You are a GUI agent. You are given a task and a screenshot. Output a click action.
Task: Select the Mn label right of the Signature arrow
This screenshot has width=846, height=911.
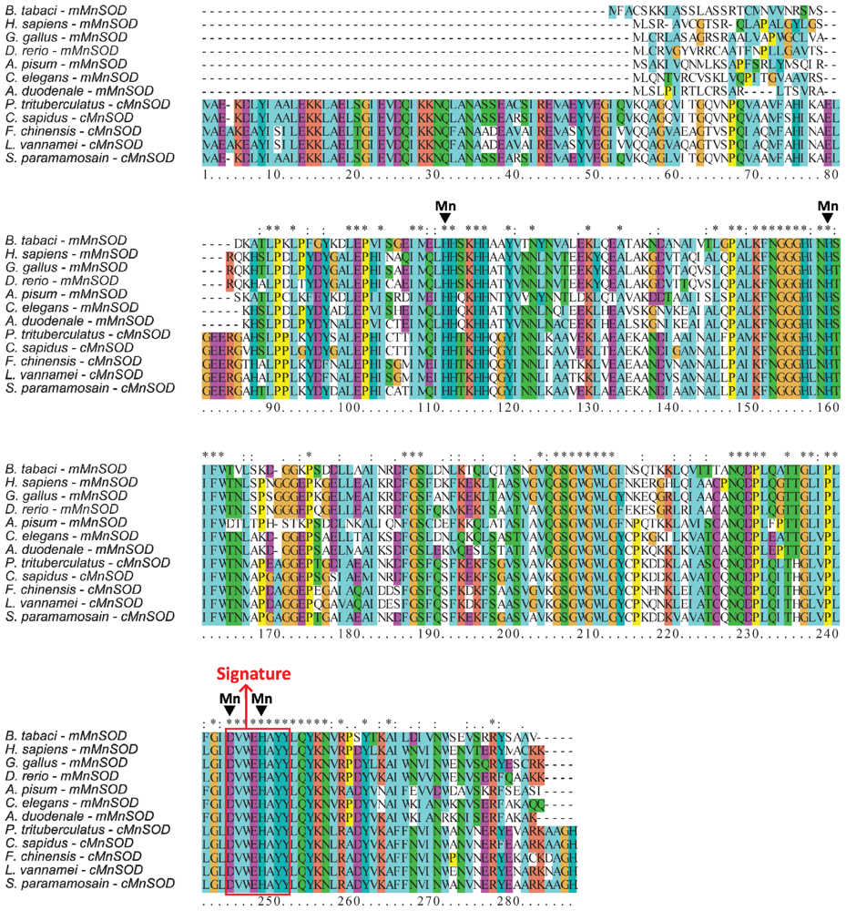coord(261,698)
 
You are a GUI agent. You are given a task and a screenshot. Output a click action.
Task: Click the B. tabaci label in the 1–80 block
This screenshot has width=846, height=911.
coord(63,10)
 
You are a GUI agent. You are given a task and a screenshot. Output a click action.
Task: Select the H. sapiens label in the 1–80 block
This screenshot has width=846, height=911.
coord(63,24)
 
